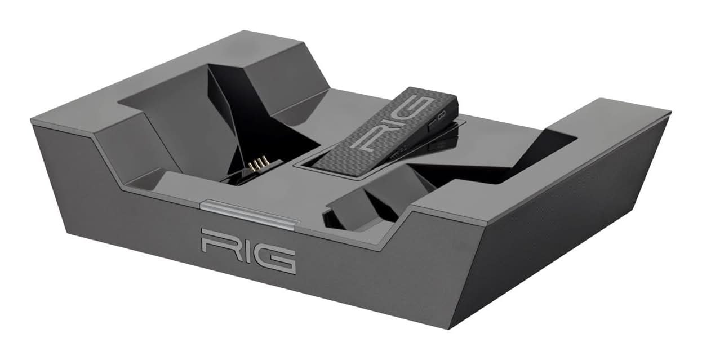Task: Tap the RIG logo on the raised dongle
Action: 390,123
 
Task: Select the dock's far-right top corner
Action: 669,112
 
